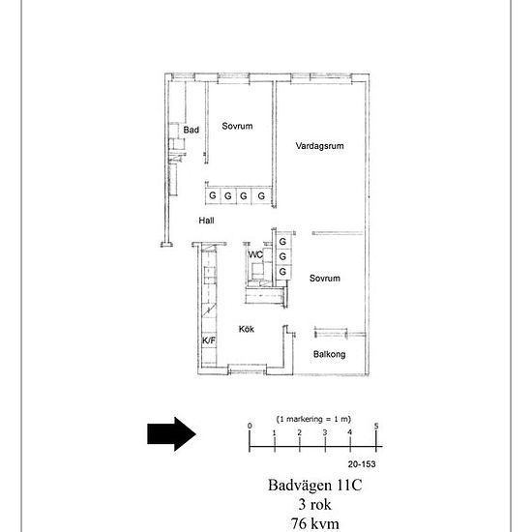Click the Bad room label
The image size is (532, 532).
point(191,130)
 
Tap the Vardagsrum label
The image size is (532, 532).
point(319,146)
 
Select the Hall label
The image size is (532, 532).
point(206,221)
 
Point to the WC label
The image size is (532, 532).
point(255,254)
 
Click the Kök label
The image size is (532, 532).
point(247,329)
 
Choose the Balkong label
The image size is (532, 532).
point(330,355)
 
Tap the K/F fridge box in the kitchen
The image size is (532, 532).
point(209,340)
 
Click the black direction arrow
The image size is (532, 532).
point(171,434)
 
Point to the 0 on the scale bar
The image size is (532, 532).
point(250,426)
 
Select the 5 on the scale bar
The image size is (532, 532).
point(376,427)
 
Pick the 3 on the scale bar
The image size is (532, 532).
point(325,432)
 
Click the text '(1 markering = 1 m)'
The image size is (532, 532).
point(313,419)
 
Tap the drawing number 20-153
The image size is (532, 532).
point(362,464)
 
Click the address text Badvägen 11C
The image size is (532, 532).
point(315,485)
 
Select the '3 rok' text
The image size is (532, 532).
point(315,504)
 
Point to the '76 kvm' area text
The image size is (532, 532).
point(315,523)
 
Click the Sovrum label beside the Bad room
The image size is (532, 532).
point(237,126)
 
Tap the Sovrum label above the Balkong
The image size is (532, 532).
point(325,279)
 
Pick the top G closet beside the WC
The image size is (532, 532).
point(282,242)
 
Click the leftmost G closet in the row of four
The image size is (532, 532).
point(213,195)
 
